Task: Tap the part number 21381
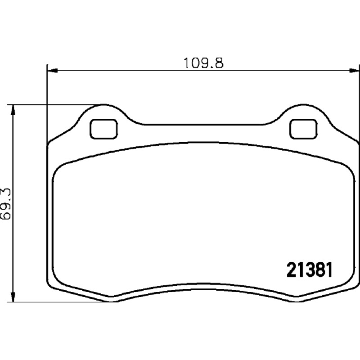click(310, 270)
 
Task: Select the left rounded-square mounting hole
click(104, 129)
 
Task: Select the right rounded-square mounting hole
click(303, 129)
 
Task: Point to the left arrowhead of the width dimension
click(52, 71)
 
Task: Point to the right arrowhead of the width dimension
click(354, 71)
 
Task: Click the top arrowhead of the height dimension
click(13, 110)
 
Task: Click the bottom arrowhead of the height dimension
click(13, 297)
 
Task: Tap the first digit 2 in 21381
click(291, 270)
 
